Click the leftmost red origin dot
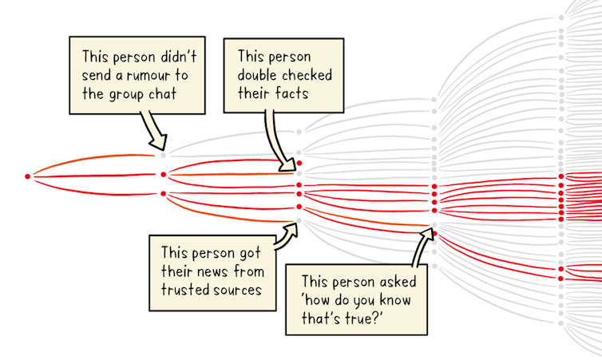[28, 175]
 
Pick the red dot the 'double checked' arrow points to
[299, 164]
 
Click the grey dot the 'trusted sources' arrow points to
[299, 220]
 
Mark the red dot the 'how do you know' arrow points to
[434, 231]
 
